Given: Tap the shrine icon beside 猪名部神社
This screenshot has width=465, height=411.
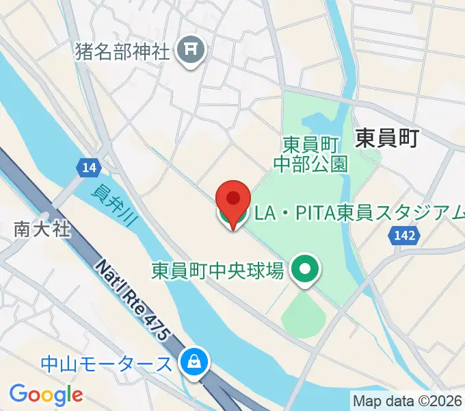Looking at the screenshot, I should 189,51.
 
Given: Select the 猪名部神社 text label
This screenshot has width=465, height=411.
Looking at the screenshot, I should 122,51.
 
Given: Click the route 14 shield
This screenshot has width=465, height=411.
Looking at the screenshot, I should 88,166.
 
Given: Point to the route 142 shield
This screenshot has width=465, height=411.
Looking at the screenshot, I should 404,236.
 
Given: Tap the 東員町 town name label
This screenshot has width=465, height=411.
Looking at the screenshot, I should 386,138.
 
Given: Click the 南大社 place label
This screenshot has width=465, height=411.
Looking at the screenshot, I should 42,229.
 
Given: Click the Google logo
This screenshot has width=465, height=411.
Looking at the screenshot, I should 46,395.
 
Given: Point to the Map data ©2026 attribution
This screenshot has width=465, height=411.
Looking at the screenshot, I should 408,400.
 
